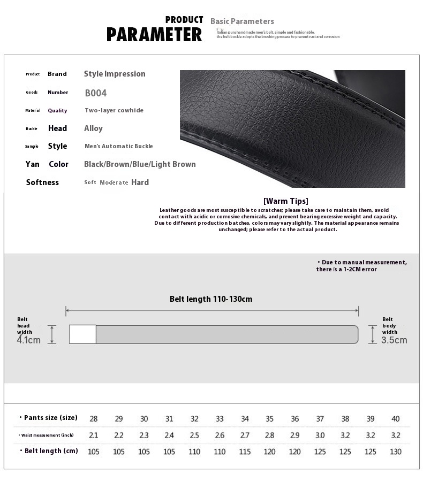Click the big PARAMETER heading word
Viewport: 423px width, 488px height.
154,35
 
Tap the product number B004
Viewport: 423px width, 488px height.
96,93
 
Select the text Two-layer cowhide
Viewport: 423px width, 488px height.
114,110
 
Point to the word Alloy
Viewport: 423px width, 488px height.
93,128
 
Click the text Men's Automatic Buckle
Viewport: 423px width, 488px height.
118,146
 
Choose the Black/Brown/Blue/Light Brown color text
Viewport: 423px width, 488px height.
140,164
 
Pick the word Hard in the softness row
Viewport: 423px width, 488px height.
140,182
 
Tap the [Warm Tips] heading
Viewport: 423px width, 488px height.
285,201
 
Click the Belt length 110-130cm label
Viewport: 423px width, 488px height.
211,299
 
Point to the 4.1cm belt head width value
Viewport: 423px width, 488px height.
29,340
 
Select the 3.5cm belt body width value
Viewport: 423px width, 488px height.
394,340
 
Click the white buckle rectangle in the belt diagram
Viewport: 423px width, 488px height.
82,334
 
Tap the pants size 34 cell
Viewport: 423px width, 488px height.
245,419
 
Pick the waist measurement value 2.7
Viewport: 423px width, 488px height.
245,436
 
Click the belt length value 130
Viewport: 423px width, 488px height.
396,452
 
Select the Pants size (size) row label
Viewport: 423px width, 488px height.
48,418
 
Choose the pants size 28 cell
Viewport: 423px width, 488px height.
94,419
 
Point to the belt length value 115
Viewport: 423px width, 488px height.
245,452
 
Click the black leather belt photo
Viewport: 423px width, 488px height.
292,128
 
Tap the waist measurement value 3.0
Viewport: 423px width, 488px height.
320,436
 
